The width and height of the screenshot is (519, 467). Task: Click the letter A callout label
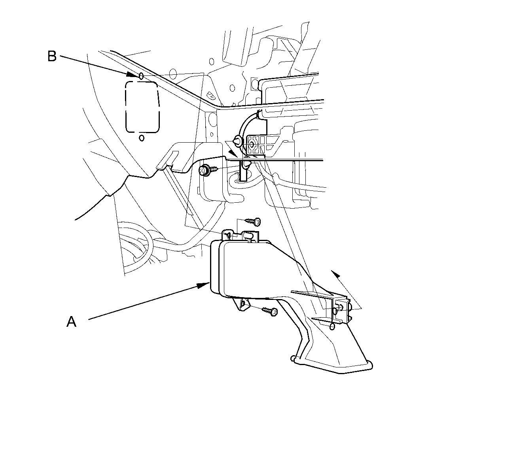(71, 322)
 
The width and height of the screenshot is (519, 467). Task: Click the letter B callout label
(52, 56)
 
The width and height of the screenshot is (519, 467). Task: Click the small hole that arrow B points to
(141, 75)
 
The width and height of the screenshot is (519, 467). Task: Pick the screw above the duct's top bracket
(253, 221)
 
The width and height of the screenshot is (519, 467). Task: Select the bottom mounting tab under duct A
(243, 304)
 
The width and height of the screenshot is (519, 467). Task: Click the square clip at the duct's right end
(341, 308)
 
